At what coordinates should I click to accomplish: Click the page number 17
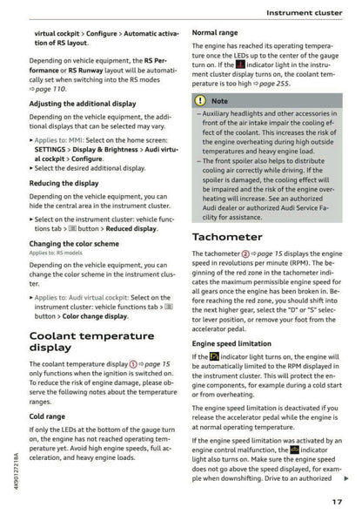click(x=336, y=500)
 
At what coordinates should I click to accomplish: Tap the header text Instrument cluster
click(x=302, y=13)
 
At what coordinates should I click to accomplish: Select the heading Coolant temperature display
click(x=91, y=341)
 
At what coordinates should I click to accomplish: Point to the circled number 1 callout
click(x=133, y=363)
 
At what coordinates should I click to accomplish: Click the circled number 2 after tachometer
click(x=245, y=254)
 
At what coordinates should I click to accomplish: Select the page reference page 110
click(x=52, y=89)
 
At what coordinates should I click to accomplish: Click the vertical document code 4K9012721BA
click(x=8, y=470)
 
